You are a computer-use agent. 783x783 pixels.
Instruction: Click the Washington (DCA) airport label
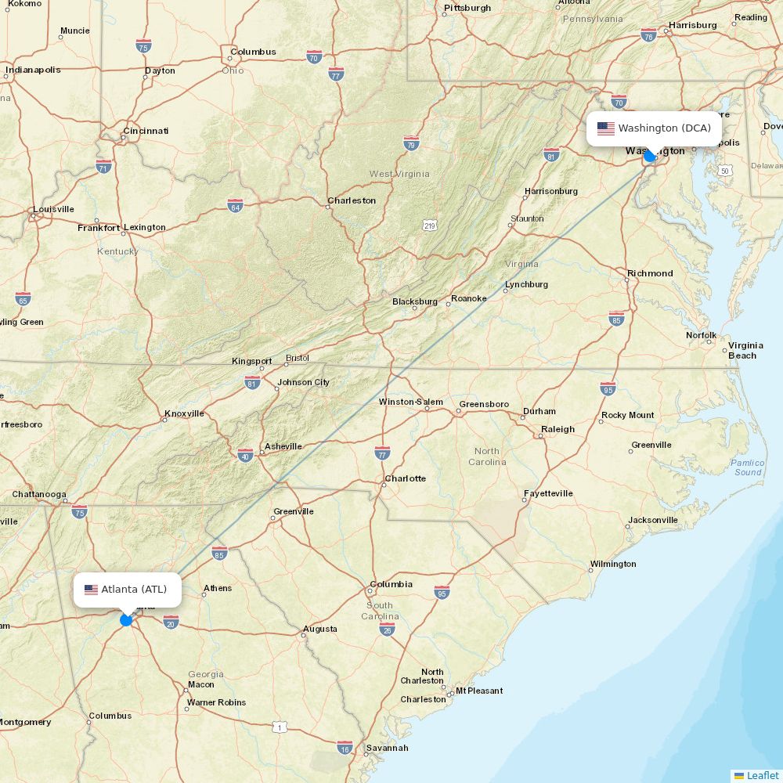point(664,128)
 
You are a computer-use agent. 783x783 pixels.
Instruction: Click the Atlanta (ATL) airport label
point(134,590)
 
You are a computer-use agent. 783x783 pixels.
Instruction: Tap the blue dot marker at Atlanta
point(126,620)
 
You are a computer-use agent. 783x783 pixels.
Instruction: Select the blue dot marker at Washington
point(649,156)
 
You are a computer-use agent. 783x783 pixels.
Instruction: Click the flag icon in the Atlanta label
point(91,590)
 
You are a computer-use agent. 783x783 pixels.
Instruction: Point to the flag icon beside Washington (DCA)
point(605,128)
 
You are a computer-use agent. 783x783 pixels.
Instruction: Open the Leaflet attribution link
point(762,775)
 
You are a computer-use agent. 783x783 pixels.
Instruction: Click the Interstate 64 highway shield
point(235,205)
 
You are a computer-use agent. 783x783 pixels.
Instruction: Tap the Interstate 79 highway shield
point(412,143)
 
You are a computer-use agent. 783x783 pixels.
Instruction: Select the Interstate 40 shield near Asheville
point(245,455)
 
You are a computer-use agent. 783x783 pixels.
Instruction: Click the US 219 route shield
point(429,226)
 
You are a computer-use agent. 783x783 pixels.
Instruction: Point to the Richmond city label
point(649,273)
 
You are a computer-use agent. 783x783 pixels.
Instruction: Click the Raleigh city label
point(557,429)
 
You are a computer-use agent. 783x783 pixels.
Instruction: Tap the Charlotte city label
point(405,478)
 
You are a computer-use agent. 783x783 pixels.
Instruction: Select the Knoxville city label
point(184,413)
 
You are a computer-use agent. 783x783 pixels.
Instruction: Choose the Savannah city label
point(387,748)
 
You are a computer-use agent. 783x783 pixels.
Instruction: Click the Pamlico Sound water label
point(747,467)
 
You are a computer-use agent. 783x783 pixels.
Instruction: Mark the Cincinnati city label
point(146,131)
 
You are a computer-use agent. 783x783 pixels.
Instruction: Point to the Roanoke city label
point(468,298)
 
